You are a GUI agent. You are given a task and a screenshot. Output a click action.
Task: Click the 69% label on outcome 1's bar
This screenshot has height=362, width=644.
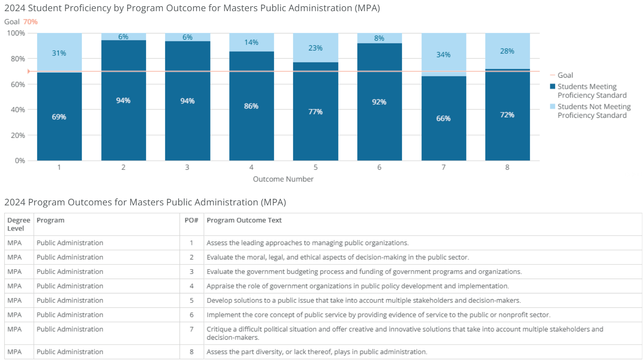[59, 117]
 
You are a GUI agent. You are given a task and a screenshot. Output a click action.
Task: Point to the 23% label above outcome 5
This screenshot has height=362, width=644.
[315, 48]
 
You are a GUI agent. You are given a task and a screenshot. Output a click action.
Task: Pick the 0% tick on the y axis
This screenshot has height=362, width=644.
[20, 160]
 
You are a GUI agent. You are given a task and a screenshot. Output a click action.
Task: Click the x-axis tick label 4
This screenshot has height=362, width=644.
[251, 167]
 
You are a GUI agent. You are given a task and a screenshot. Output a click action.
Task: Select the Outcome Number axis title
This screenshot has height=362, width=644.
[283, 179]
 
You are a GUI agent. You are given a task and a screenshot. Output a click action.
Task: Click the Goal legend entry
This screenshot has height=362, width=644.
[565, 75]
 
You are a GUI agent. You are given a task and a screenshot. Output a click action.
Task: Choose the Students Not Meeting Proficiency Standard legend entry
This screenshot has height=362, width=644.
[594, 111]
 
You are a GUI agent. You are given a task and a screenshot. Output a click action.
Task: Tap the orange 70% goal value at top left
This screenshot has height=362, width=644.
[30, 22]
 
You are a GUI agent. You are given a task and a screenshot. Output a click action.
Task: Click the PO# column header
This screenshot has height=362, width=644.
[191, 220]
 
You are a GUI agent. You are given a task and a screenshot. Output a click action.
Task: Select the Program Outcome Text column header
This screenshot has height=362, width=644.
[244, 220]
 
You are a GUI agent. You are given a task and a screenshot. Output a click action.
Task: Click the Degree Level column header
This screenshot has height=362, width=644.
[19, 224]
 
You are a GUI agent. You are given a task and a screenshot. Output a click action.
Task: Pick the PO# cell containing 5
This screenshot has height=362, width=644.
[192, 300]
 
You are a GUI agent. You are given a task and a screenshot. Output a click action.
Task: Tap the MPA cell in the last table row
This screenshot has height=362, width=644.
[14, 352]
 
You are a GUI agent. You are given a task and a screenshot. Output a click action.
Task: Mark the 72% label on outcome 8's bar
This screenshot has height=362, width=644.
[507, 115]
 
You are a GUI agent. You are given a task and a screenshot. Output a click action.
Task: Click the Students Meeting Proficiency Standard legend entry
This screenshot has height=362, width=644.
[591, 91]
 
